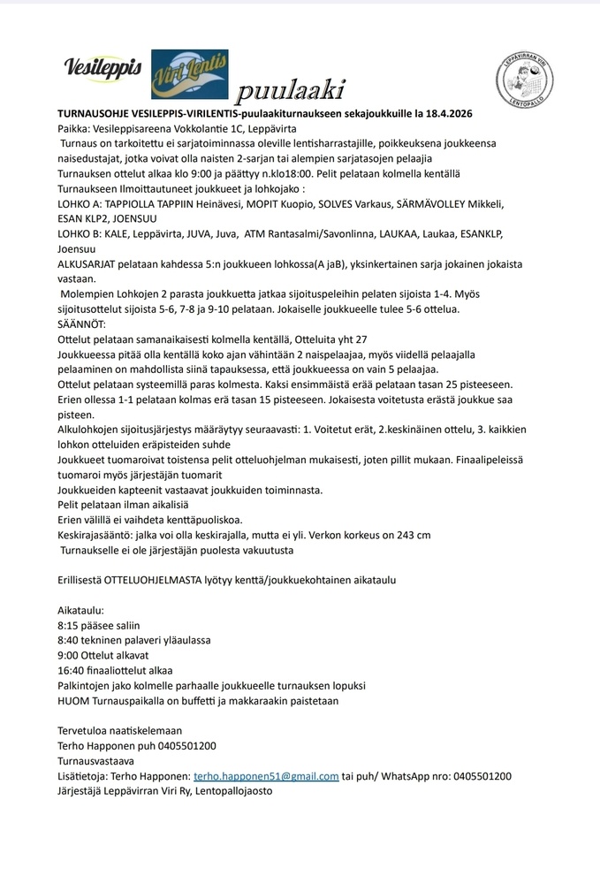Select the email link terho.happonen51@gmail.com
pos(266,776)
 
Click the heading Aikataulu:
pos(80,610)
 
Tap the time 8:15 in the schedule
pos(68,625)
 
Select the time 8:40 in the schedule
pos(68,640)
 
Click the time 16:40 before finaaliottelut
pos(72,670)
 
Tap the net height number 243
pos(399,534)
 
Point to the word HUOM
pos(72,700)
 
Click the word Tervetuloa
pos(84,731)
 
